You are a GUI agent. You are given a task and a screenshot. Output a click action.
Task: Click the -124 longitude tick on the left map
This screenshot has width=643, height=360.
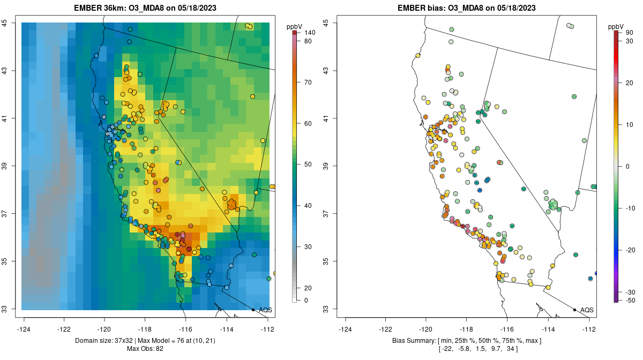coord(24,329)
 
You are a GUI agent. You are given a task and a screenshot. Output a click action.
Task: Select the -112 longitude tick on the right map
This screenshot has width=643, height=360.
coord(589,329)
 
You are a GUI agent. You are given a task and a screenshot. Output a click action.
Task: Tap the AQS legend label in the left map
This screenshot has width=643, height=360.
coord(265,310)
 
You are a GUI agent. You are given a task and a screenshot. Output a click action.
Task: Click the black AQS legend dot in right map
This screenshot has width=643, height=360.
coord(574,310)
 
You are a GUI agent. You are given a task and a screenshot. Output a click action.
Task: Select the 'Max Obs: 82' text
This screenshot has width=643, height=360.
coord(146,349)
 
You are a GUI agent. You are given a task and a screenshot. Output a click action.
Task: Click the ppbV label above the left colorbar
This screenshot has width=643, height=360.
coord(295,26)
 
